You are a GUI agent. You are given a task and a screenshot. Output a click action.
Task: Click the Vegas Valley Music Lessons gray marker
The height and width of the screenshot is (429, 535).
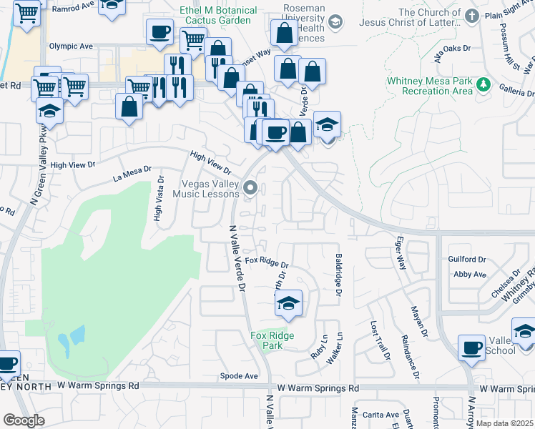point(250,188)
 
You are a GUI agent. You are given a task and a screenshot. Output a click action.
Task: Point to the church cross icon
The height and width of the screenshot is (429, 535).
point(471,16)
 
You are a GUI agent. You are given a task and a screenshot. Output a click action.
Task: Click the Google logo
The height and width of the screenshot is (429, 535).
point(24,420)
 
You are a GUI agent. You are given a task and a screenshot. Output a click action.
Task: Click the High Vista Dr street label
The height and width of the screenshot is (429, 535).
point(158,199)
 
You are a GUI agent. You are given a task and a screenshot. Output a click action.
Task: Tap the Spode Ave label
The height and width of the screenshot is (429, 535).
point(239,375)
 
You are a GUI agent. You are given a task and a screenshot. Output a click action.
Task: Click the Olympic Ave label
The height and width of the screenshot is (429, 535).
point(71,46)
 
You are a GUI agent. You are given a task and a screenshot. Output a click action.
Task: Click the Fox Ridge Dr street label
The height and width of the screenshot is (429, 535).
point(266,263)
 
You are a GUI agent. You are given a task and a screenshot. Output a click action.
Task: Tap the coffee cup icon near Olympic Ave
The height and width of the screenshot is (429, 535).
point(159,31)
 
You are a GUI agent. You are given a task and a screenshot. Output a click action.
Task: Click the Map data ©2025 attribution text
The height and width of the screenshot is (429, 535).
point(504,423)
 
